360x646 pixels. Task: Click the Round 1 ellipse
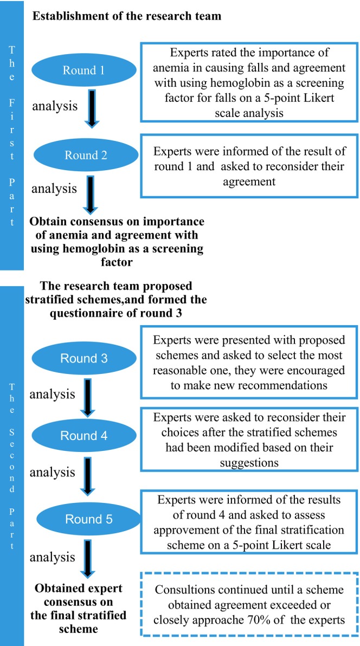[83, 70]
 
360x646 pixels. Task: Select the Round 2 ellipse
[86, 156]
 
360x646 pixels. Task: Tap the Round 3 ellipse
[84, 358]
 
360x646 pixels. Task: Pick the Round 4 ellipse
[84, 436]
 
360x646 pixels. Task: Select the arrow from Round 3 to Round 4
[89, 397]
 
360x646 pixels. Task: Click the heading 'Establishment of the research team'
[127, 17]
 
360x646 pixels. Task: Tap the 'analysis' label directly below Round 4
[52, 471]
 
